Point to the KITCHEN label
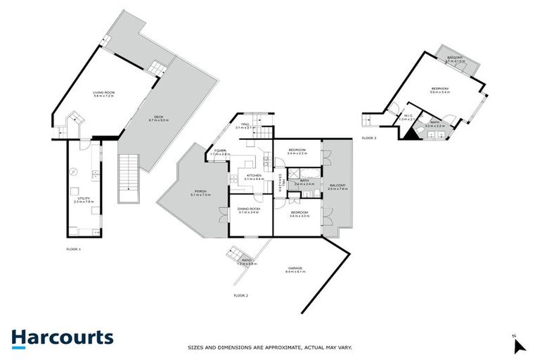pos(253,176)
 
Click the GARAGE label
pos(294,269)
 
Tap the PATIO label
pos(247,261)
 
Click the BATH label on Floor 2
pos(304,181)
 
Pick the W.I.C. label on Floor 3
pos(404,117)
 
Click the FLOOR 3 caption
pos(369,138)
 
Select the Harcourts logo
pos(63,337)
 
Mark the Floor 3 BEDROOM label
pos(442,89)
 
